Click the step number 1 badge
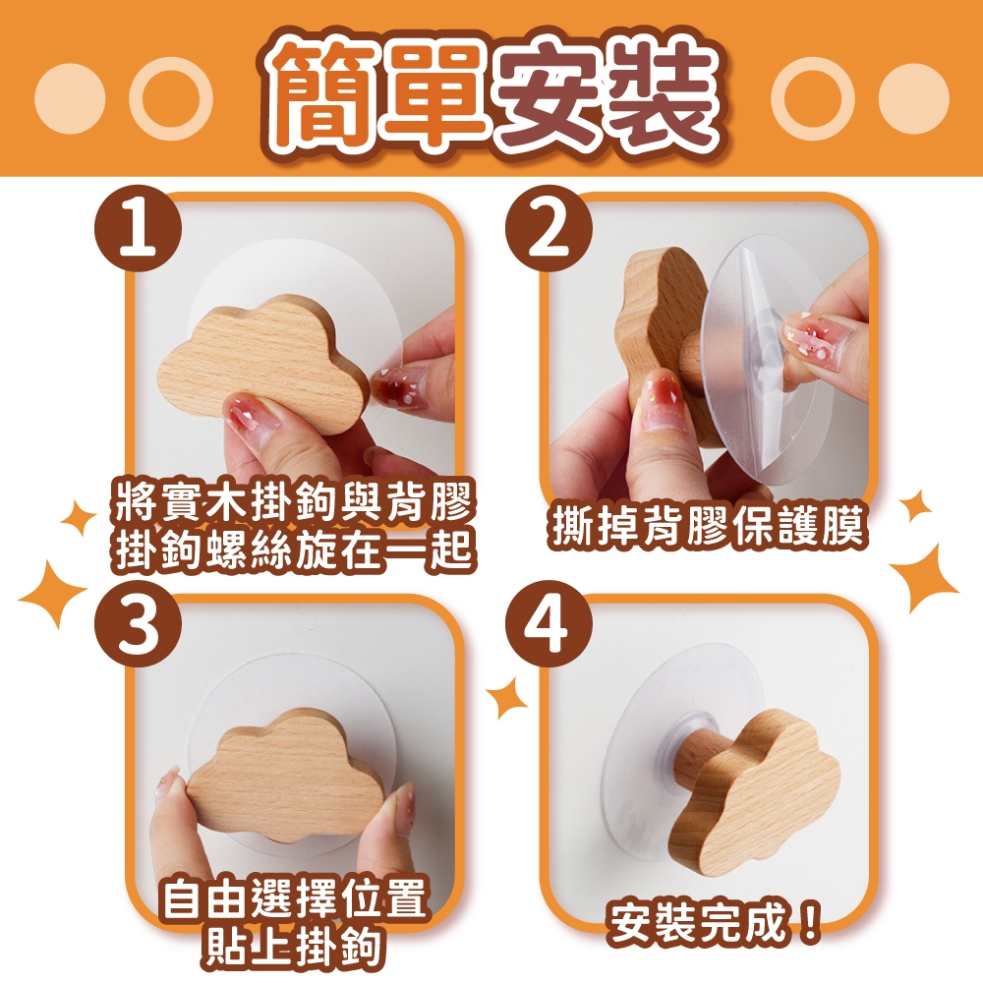coord(139,231)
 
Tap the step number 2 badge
coord(549,231)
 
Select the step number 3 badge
coord(139,627)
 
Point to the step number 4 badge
coord(549,627)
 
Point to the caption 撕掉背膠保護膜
coord(707,527)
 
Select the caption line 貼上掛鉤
coord(293,946)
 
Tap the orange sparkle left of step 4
coord(507,697)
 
